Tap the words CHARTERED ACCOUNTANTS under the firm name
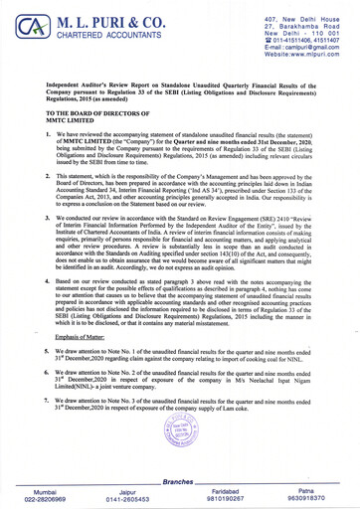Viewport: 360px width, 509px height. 112,40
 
